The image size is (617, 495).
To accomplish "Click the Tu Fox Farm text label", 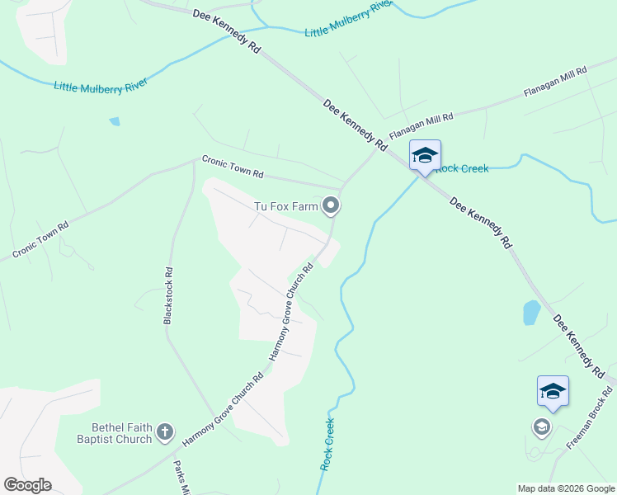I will coord(285,205).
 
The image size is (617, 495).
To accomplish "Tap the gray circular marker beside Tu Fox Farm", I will coord(331,205).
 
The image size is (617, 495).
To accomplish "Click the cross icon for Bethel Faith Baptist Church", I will coord(165,431).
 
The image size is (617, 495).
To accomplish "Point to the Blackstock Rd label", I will coord(168,295).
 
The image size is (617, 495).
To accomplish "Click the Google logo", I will coord(27,485).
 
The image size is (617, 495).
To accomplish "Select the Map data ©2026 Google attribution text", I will coord(566,488).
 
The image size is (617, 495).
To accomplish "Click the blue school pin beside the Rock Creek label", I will coord(425,156).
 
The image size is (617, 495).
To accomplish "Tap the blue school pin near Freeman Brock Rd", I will coord(553,392).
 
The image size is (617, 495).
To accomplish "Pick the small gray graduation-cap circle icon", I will coord(541,427).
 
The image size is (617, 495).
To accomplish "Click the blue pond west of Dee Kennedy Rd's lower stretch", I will coord(531,313).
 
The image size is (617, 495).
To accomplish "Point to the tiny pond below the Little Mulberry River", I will coord(115,121).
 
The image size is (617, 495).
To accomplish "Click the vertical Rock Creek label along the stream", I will coord(328,445).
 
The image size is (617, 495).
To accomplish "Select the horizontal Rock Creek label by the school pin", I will coord(464,168).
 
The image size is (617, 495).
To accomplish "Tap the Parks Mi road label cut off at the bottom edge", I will coord(180,478).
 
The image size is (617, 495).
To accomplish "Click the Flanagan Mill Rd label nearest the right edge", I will coord(555,83).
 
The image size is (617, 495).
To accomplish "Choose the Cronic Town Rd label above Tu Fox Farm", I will coord(233,168).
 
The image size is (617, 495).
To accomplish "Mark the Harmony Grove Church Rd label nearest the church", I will coord(222,410).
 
